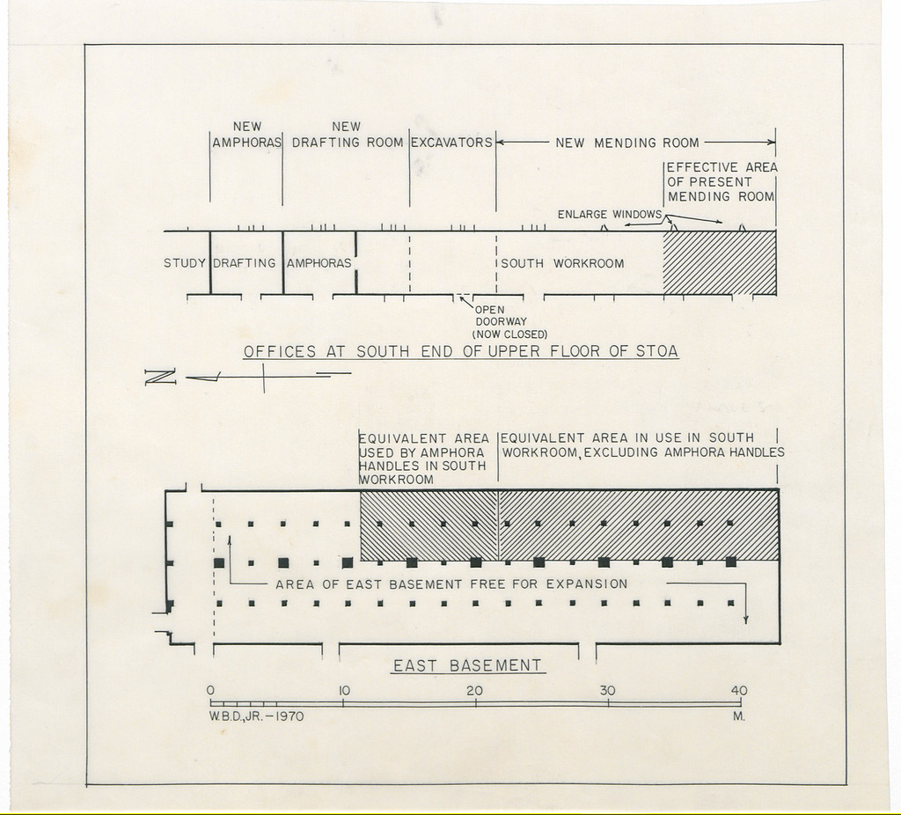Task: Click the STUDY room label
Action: [185, 263]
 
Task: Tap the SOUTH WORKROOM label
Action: [562, 264]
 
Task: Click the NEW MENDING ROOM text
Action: [626, 143]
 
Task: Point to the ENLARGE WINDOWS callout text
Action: [610, 215]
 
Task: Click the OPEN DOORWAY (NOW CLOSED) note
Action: [509, 322]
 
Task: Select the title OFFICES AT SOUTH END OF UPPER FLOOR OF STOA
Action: [461, 352]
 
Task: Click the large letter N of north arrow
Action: [160, 377]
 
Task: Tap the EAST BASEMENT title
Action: [467, 665]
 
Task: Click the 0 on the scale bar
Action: [211, 690]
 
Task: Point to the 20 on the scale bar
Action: [474, 690]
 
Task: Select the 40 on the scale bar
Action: [739, 690]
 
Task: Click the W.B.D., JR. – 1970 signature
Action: [256, 716]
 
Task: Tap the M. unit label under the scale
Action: [739, 716]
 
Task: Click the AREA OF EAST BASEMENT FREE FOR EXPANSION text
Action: [451, 584]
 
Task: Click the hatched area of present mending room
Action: [720, 262]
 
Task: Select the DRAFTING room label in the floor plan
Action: [245, 263]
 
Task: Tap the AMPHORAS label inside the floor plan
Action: [319, 263]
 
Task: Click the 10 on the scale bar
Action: [343, 690]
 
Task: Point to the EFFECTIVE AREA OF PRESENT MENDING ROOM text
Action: [722, 182]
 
